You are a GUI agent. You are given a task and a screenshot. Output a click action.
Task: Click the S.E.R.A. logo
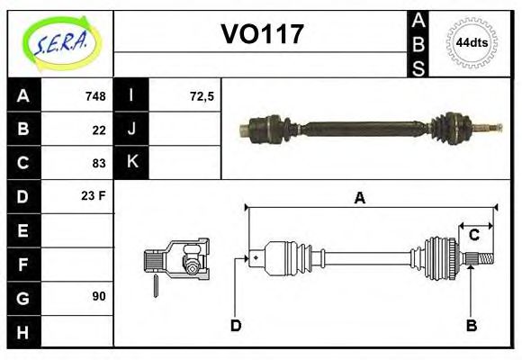pyautogui.click(x=60, y=43)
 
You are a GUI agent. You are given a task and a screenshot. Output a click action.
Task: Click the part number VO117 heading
pyautogui.click(x=262, y=35)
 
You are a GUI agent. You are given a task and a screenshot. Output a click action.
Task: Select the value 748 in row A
pyautogui.click(x=94, y=96)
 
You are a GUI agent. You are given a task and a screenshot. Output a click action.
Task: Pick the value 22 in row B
pyautogui.click(x=99, y=130)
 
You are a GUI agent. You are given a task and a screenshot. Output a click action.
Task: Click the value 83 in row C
pyautogui.click(x=99, y=163)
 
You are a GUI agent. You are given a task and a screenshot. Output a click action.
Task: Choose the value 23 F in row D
pyautogui.click(x=94, y=194)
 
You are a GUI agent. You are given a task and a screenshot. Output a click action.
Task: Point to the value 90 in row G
pyautogui.click(x=99, y=296)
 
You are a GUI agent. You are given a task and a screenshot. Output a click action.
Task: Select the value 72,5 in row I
pyautogui.click(x=202, y=96)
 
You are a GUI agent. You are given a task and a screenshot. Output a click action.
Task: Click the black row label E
pyautogui.click(x=22, y=230)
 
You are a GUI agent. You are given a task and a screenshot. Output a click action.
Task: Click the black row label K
pyautogui.click(x=132, y=163)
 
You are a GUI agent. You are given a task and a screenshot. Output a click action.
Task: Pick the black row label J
pyautogui.click(x=132, y=130)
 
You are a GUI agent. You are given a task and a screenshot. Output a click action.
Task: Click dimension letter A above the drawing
pyautogui.click(x=359, y=198)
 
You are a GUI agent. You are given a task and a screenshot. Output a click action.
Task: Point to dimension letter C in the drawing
pyautogui.click(x=472, y=236)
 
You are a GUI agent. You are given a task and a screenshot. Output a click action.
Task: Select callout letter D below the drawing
pyautogui.click(x=236, y=325)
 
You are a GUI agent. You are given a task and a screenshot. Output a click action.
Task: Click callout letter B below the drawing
pyautogui.click(x=471, y=325)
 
